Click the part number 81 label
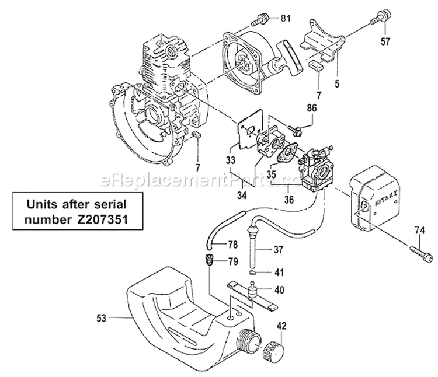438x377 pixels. click(285, 18)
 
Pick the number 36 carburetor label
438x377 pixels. click(288, 198)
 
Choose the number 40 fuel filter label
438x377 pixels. click(280, 289)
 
